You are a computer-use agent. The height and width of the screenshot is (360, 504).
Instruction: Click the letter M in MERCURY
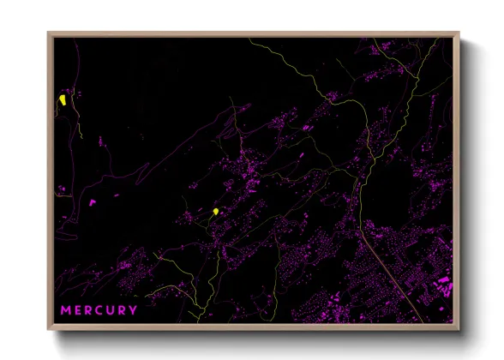[66, 309]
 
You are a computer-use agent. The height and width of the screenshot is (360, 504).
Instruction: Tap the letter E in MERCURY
[79, 309]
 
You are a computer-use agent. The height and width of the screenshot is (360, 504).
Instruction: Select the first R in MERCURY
[90, 309]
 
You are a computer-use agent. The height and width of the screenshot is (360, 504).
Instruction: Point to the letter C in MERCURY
[101, 309]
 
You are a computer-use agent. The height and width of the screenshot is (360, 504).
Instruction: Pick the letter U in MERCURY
[112, 309]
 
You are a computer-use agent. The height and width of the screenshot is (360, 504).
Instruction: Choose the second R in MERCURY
[123, 309]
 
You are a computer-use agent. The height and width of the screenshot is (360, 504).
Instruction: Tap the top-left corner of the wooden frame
[49, 33]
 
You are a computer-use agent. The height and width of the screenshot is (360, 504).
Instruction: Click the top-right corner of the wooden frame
[459, 33]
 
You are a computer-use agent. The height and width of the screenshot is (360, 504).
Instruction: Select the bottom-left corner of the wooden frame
[49, 329]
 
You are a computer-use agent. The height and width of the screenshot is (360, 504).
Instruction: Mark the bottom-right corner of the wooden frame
[459, 329]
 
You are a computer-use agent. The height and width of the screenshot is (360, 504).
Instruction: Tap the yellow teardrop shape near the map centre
[215, 211]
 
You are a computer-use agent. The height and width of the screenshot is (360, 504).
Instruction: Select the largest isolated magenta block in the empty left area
[92, 202]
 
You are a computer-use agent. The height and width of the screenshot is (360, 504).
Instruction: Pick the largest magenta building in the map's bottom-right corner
[443, 281]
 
